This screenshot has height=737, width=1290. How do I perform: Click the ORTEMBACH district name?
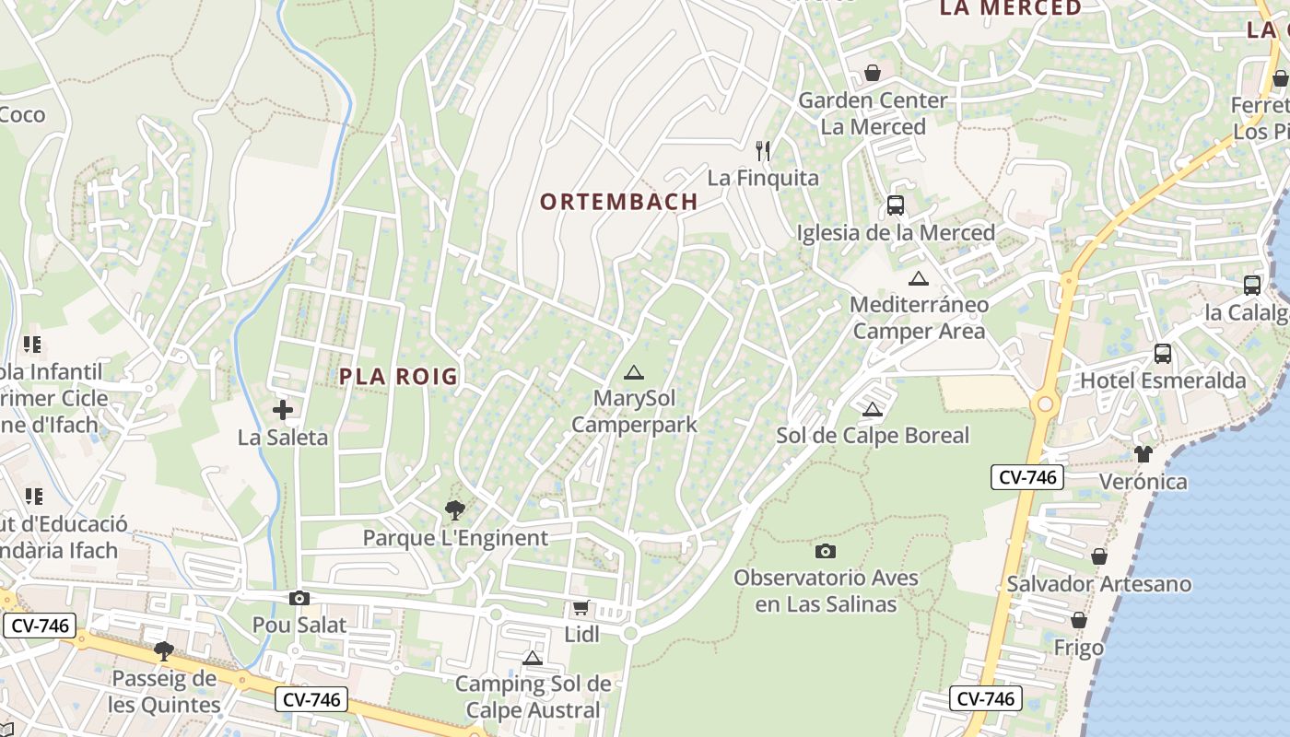click(618, 202)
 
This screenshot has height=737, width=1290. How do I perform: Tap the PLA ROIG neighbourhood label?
click(398, 376)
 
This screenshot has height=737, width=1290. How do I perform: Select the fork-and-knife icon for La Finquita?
click(763, 150)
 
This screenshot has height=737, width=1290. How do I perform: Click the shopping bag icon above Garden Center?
click(872, 73)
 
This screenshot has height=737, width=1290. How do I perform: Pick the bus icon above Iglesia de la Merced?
click(895, 205)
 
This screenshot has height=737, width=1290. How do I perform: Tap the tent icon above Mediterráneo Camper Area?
click(918, 278)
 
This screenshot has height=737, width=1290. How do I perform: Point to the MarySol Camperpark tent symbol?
click(633, 373)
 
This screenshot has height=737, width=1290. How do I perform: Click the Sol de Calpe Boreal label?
click(873, 436)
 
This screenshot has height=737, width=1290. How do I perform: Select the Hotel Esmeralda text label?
click(1162, 380)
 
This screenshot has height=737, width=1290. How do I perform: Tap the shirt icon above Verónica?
click(1143, 453)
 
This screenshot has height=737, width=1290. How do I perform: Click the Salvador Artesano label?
click(1098, 584)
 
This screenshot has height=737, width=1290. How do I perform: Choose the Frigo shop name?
click(1078, 648)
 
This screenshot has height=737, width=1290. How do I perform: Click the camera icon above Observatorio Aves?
click(826, 551)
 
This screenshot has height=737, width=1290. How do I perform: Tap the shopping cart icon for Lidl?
click(580, 607)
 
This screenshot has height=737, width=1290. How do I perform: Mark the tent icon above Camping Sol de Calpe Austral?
click(532, 658)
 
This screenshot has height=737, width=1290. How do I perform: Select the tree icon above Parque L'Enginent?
click(454, 509)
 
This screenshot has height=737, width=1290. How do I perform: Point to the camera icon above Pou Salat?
click(299, 599)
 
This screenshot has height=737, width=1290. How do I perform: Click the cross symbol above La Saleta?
click(283, 410)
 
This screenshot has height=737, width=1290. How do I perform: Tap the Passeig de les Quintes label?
click(165, 692)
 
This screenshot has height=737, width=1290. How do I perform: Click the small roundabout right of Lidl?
click(630, 634)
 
